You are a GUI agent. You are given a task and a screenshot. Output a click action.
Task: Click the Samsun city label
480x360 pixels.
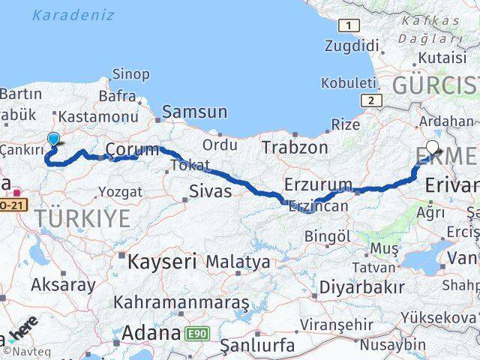[x=194, y=112]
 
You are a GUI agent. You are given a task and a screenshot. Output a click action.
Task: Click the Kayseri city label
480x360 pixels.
[x=161, y=262]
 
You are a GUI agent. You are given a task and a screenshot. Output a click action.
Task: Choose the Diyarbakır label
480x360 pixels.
[x=361, y=286]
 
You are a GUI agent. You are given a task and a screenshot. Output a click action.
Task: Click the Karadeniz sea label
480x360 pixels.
[x=73, y=14]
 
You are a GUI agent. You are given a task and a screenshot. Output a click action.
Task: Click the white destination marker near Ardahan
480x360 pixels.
[x=433, y=148]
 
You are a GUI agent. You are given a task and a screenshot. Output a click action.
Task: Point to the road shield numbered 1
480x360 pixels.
[x=347, y=26]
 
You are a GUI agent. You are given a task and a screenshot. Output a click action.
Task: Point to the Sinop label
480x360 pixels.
[x=130, y=73]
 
